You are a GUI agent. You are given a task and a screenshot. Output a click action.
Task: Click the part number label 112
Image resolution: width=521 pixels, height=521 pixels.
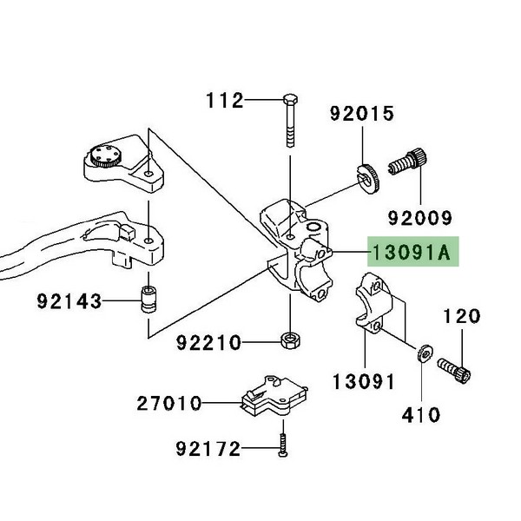tap(224, 102)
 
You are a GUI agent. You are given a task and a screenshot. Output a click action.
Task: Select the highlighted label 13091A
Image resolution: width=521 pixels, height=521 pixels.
tap(412, 253)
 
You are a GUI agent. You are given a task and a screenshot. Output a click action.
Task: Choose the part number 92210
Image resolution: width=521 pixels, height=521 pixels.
tap(208, 342)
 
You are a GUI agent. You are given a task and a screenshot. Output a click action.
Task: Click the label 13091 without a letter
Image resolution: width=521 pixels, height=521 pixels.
tap(364, 381)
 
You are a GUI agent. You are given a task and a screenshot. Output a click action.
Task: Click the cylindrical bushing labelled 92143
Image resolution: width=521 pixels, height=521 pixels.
tap(150, 300)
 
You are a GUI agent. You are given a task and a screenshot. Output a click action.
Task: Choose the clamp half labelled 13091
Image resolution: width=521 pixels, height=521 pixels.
tap(375, 304)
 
